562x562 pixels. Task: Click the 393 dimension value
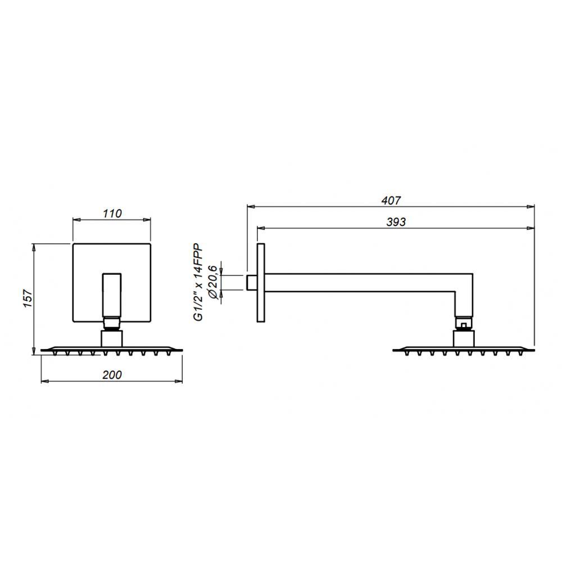tap(396, 221)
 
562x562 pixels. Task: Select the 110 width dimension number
tap(112, 213)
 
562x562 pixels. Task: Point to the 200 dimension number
tap(113, 375)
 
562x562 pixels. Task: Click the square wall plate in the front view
tap(84, 281)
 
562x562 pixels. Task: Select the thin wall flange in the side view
tap(261, 283)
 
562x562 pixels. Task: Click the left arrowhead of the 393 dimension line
tap(260, 228)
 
